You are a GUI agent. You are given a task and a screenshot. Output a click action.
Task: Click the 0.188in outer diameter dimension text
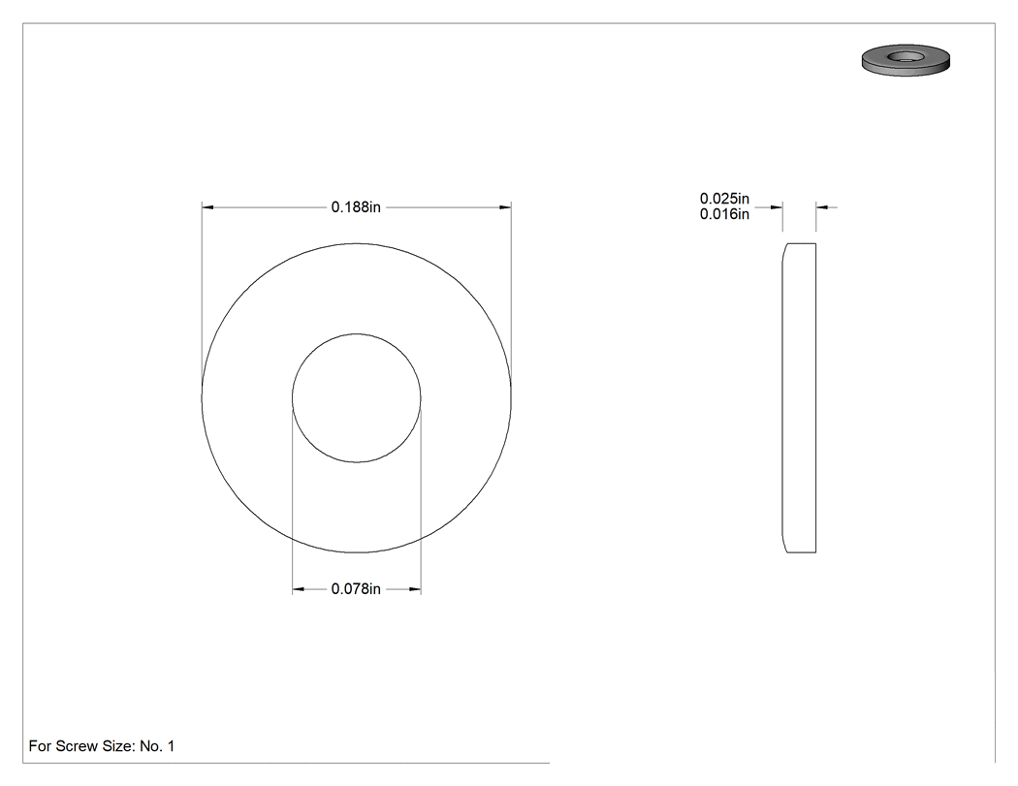pyautogui.click(x=356, y=207)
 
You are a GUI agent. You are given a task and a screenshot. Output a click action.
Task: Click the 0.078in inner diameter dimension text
pyautogui.click(x=356, y=588)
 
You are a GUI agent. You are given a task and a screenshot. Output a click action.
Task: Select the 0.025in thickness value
pyautogui.click(x=724, y=199)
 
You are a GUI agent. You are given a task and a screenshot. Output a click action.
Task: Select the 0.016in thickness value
pyautogui.click(x=724, y=214)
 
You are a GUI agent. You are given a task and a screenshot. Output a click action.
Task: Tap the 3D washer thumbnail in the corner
pyautogui.click(x=906, y=60)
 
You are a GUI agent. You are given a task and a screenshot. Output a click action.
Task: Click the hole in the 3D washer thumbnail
pyautogui.click(x=905, y=56)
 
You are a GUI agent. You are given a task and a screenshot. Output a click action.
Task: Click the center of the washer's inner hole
pyautogui.click(x=357, y=398)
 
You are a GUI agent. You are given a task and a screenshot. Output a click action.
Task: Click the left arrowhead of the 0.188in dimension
pyautogui.click(x=207, y=207)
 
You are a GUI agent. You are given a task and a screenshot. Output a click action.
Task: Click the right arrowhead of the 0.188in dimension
pyautogui.click(x=505, y=207)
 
